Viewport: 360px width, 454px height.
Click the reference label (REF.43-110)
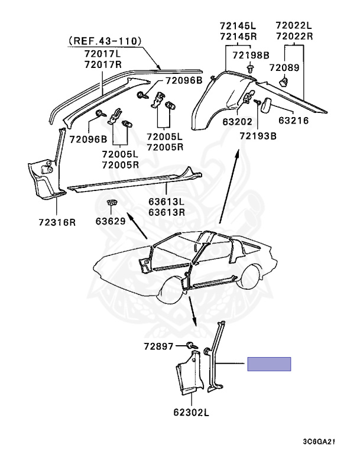[x=105, y=41]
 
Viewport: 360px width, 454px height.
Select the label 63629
[x=111, y=222]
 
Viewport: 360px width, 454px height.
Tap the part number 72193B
[x=258, y=135]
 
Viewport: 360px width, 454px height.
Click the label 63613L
[x=167, y=201]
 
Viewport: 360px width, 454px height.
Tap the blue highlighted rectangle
[x=269, y=364]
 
